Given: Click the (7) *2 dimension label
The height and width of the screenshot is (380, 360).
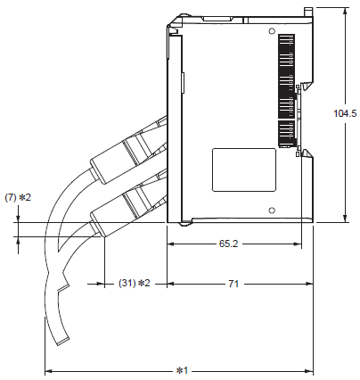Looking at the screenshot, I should coord(18,196).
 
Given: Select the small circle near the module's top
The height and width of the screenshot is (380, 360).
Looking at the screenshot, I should coord(270,29).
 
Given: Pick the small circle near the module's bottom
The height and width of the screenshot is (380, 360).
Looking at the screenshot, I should coord(270,211).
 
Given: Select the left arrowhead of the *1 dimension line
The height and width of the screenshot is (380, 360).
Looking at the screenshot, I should coord(48,370).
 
